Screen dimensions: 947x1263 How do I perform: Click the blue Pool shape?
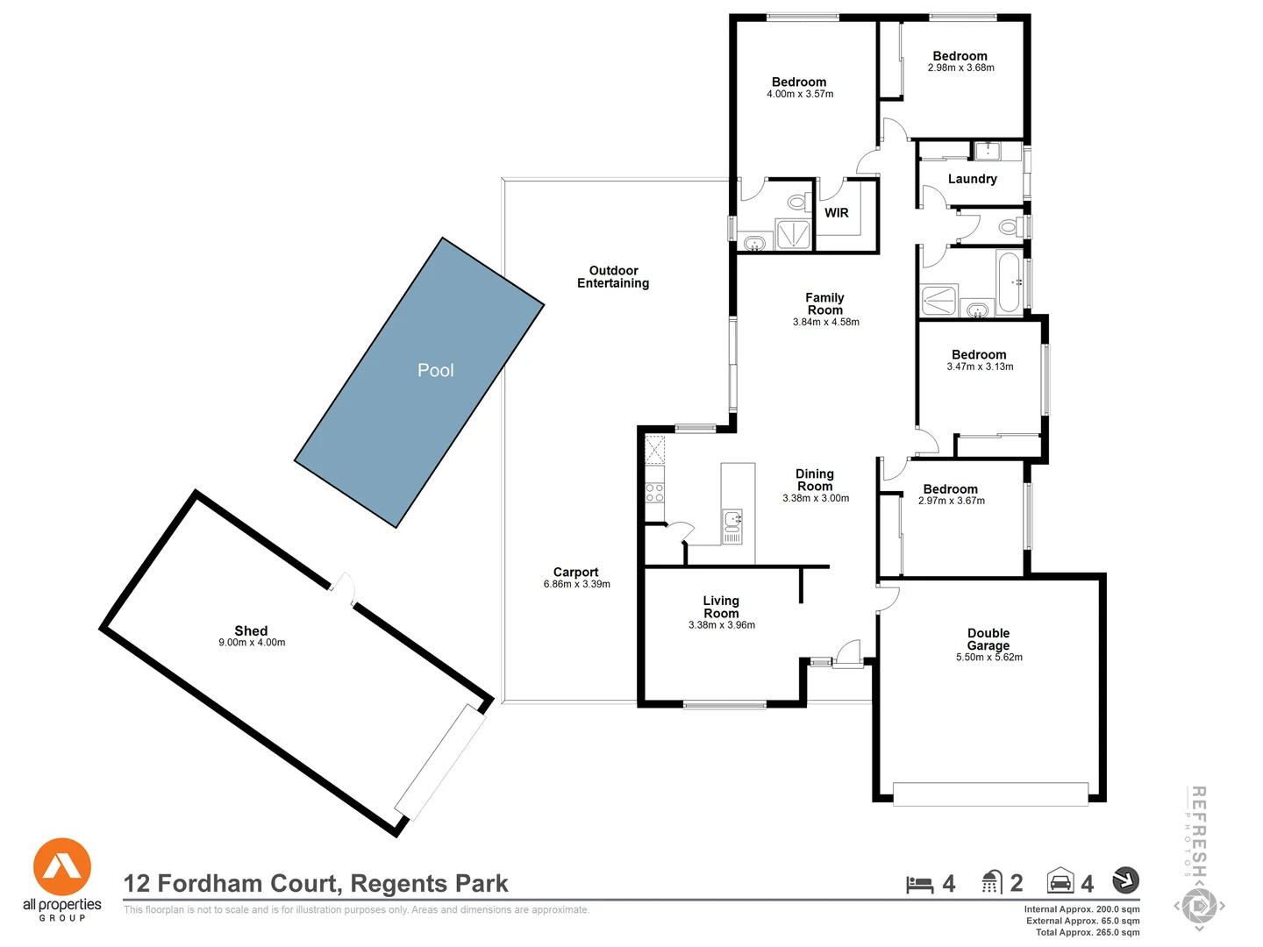tap(419, 382)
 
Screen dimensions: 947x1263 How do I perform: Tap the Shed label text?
tap(251, 630)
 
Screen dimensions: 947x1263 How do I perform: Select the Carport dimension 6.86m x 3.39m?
tap(576, 584)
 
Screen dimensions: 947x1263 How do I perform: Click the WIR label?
tap(837, 213)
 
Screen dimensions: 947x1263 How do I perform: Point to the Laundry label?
tap(972, 179)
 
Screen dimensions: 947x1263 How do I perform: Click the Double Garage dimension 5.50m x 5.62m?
tap(988, 657)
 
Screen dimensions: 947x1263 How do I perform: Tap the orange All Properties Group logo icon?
tap(62, 866)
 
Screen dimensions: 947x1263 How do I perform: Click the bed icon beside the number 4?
tap(919, 884)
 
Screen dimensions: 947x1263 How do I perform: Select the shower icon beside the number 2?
tap(991, 882)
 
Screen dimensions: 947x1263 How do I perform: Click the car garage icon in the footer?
tap(1060, 881)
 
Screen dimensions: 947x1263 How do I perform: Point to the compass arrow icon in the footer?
tap(1125, 879)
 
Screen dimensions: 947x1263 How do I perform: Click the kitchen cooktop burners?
tap(654, 492)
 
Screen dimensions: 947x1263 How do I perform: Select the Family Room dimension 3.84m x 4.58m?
tap(825, 322)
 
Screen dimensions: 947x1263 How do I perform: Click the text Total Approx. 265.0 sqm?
tap(1088, 932)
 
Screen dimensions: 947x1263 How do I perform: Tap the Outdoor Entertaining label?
tap(613, 277)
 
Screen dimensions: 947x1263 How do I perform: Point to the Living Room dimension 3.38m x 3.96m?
tap(721, 625)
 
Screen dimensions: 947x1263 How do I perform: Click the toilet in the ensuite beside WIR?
tap(796, 203)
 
